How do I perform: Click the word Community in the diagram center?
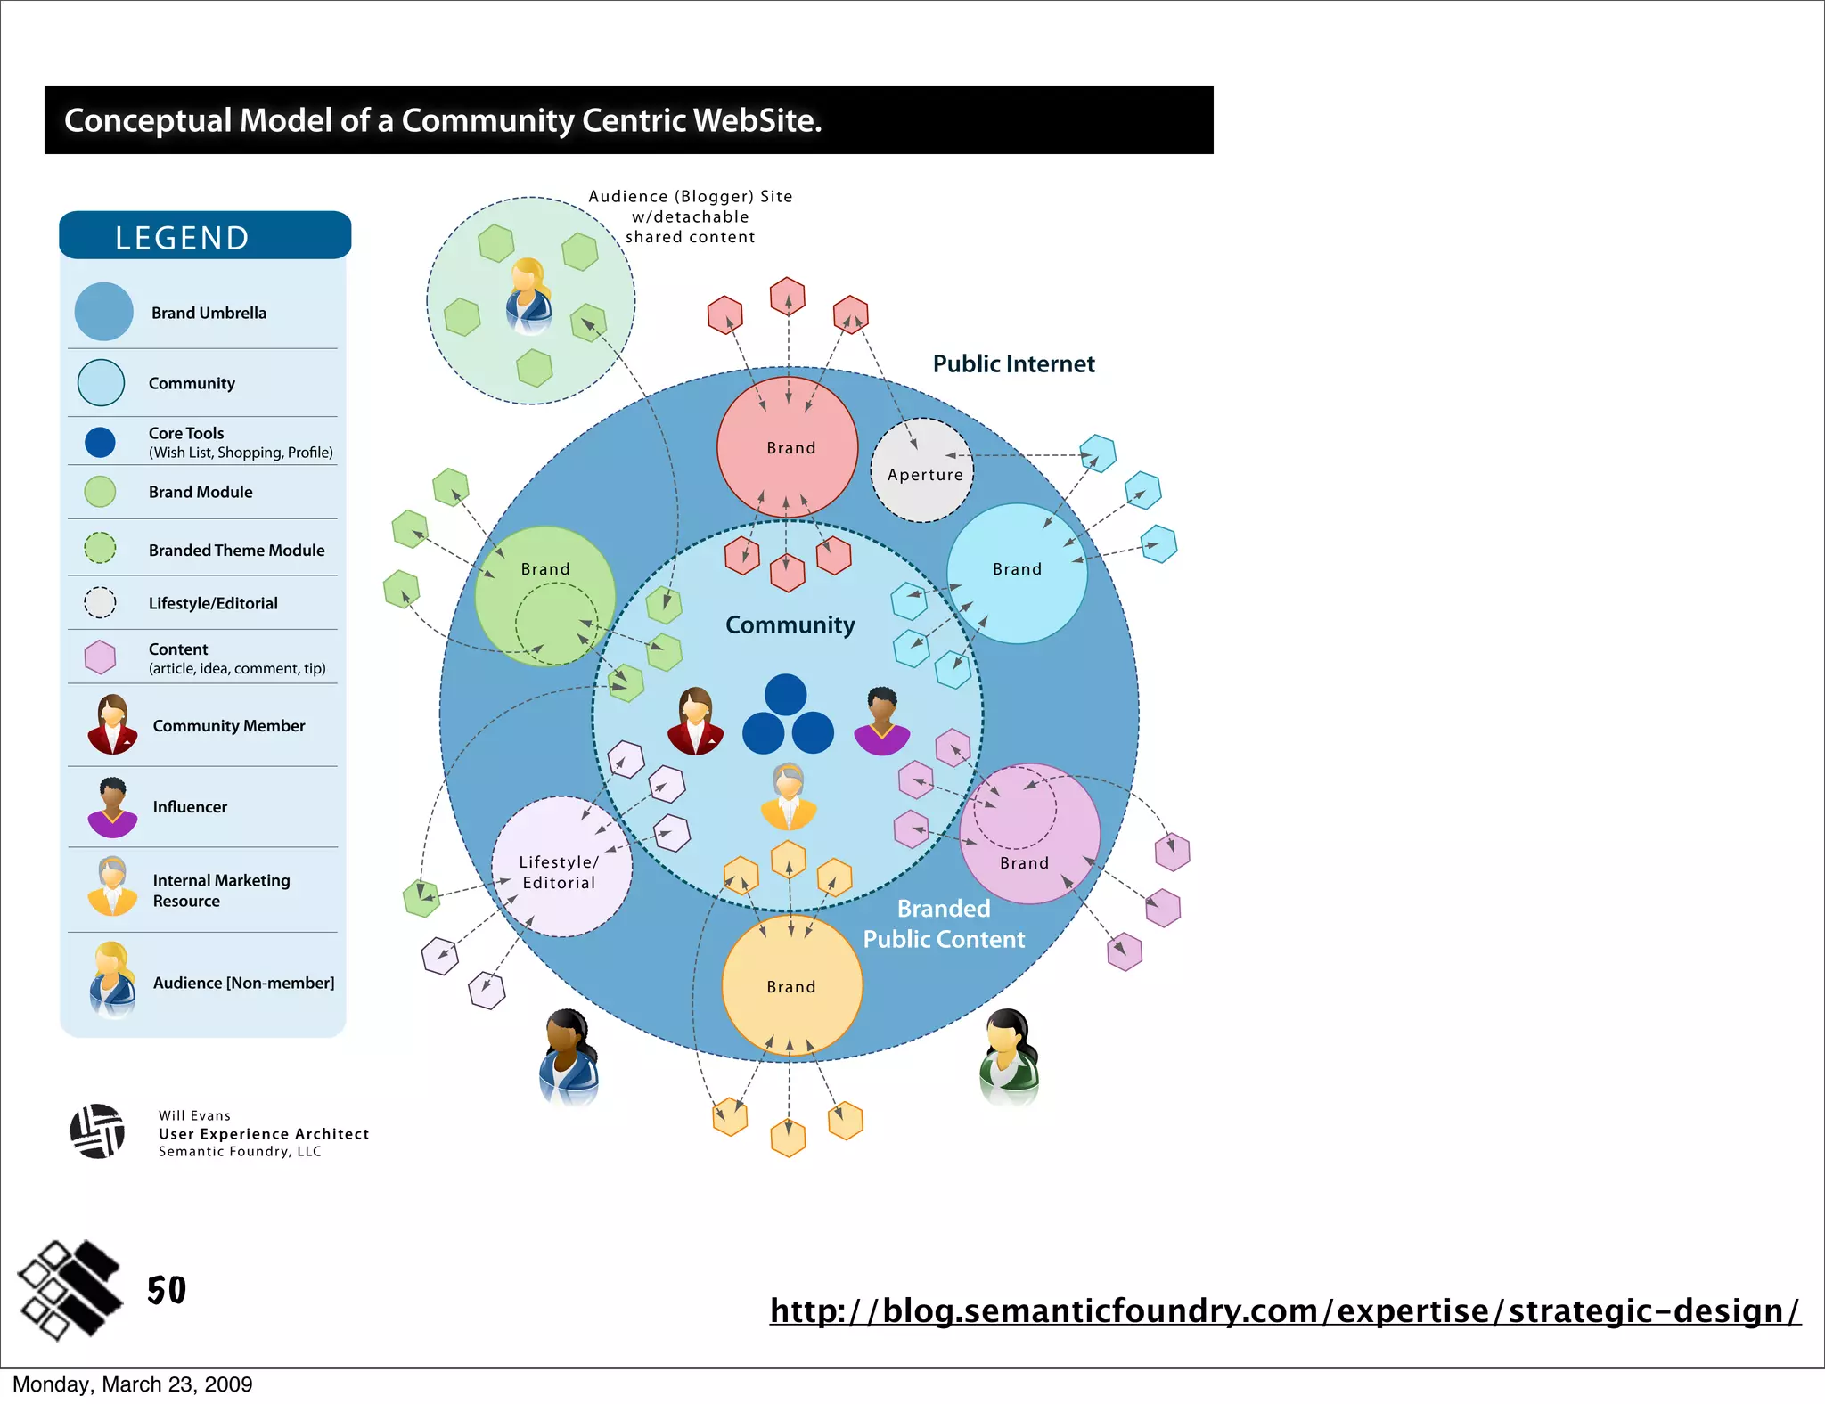tap(790, 625)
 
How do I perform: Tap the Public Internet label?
tap(1013, 364)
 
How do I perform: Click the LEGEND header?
tap(182, 238)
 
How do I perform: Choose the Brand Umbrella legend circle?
tap(104, 312)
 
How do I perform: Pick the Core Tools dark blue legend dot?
tap(100, 442)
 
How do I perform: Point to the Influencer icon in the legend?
tap(112, 807)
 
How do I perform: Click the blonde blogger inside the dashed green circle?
tap(528, 296)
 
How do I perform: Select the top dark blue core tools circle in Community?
tap(785, 695)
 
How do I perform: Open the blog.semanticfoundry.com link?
tap(1284, 1310)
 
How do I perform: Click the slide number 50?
tap(167, 1290)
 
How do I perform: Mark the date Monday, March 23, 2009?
tap(132, 1384)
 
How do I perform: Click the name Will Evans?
tap(194, 1115)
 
